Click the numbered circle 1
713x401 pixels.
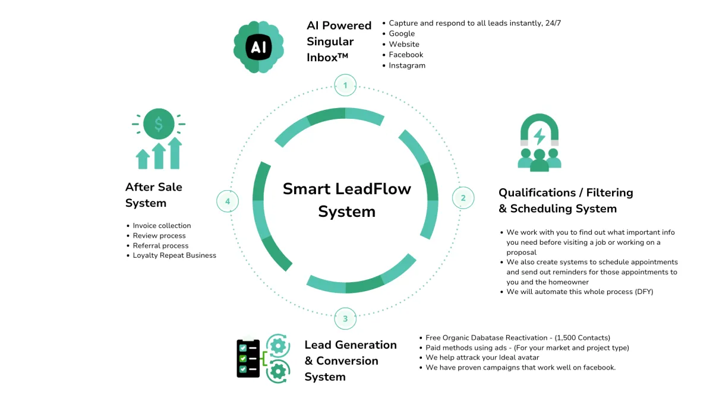[x=345, y=86]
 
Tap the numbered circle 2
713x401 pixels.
[x=463, y=198]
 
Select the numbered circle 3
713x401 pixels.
[x=345, y=319]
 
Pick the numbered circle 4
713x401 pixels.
[x=228, y=201]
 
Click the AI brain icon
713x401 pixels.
[x=258, y=47]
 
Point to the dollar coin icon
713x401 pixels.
[x=159, y=124]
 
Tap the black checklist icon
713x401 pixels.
[x=248, y=358]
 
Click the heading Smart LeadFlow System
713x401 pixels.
[x=346, y=200]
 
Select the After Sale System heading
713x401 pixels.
[x=154, y=195]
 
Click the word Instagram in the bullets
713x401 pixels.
[x=407, y=65]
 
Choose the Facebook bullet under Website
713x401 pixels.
[x=406, y=55]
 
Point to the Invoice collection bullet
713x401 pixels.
[x=162, y=226]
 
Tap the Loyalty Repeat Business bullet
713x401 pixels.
[x=174, y=255]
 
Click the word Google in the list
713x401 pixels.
[x=402, y=34]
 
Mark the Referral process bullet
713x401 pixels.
[x=160, y=245]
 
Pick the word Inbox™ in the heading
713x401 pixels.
[x=327, y=58]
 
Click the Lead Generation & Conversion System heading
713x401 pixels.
[x=350, y=361]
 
